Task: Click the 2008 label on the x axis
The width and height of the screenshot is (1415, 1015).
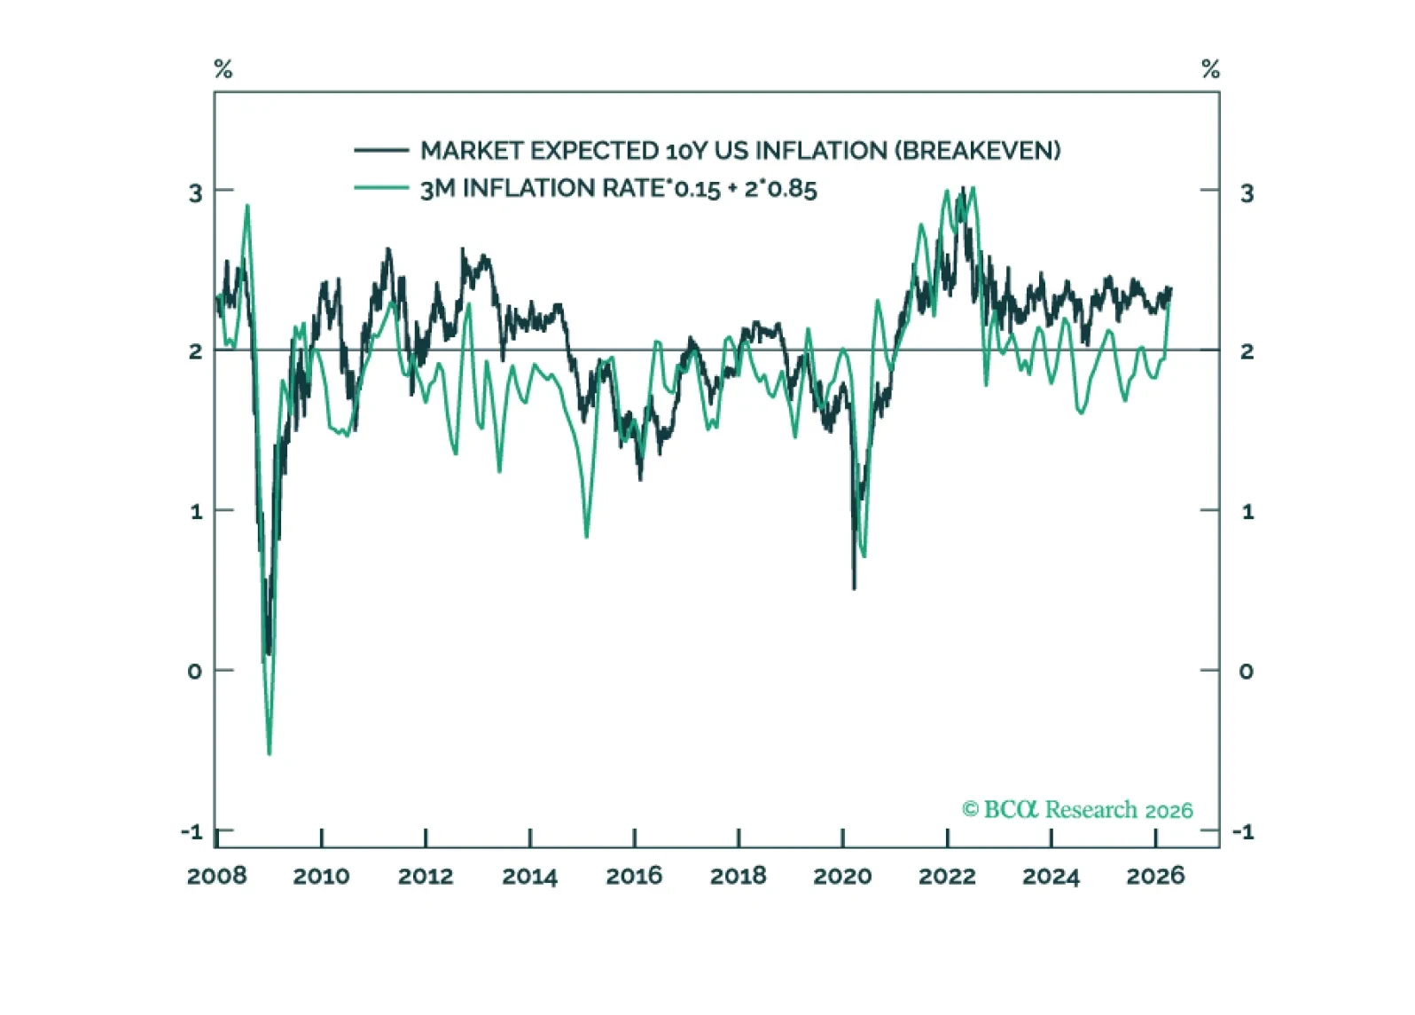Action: click(x=216, y=877)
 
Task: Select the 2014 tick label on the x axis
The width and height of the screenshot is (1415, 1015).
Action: click(x=529, y=877)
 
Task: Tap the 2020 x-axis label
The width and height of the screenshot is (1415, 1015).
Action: click(x=842, y=877)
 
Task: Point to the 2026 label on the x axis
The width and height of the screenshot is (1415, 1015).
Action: click(x=1155, y=877)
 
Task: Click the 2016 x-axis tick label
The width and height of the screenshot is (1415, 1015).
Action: click(x=634, y=877)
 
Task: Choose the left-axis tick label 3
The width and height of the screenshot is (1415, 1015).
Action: click(x=196, y=193)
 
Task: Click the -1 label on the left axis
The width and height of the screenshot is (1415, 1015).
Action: click(x=192, y=832)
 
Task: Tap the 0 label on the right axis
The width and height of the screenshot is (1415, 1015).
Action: click(x=1246, y=672)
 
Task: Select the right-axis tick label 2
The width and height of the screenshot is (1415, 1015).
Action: click(x=1247, y=351)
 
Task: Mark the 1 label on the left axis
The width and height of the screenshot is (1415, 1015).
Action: click(x=196, y=512)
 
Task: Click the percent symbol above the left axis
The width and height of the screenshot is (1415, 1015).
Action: click(x=223, y=69)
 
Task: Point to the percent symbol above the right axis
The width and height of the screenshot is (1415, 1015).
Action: click(x=1210, y=69)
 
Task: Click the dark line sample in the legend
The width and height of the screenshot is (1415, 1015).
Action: click(x=380, y=150)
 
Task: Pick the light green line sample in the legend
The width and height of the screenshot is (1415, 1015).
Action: click(x=380, y=188)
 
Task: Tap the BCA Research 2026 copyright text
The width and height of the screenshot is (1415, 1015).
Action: click(x=1077, y=809)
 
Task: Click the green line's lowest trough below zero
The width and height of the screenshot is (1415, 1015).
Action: click(x=270, y=754)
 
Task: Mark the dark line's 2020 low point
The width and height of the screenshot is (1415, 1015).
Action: click(x=854, y=587)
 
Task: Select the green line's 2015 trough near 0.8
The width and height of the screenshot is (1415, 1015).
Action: click(x=587, y=537)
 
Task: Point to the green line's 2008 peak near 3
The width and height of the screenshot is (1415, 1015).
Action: click(x=247, y=206)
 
